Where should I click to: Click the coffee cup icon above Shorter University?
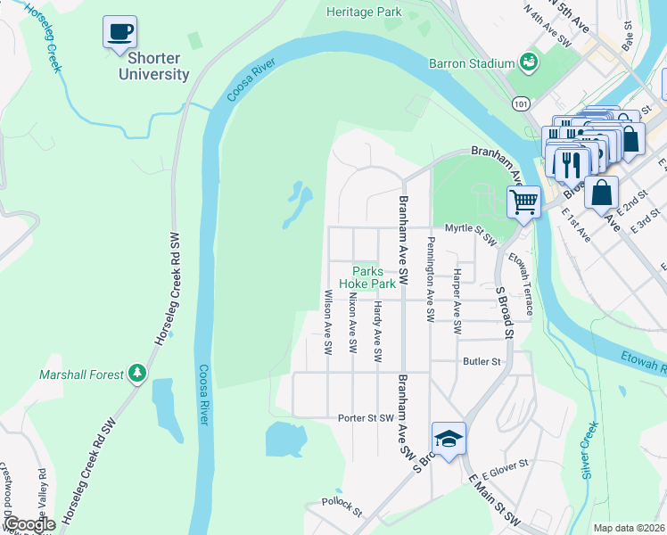coord(119,33)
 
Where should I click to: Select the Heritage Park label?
coord(364,12)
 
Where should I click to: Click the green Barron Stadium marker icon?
coord(530,62)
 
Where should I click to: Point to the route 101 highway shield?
coord(521,104)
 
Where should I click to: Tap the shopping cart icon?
coord(523,201)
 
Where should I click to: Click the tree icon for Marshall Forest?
coord(136,373)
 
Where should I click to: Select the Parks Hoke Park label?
coord(373,277)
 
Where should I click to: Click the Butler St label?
coord(482,362)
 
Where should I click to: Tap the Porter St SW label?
coord(366,417)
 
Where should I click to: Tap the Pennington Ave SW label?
coord(431,279)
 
